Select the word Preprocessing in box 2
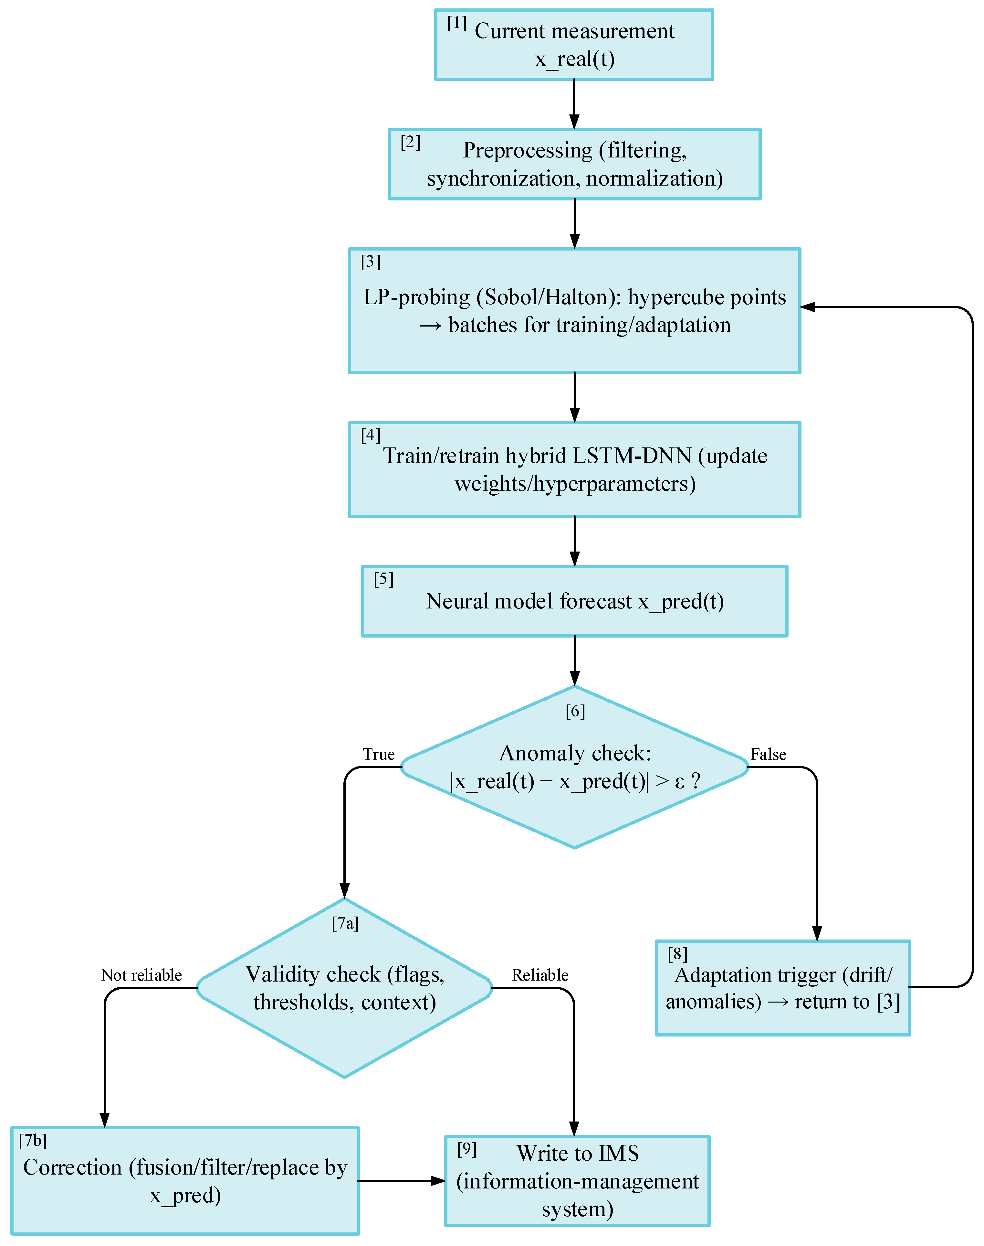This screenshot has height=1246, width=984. coord(527,150)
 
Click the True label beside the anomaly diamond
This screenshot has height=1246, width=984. coord(379,754)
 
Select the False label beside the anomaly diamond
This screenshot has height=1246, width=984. coord(768,754)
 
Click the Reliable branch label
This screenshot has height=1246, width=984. coord(540,975)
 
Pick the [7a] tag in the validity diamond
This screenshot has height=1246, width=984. coord(345,924)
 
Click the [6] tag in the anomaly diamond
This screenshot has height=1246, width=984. coord(575,712)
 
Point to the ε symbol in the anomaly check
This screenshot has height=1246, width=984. coord(679,782)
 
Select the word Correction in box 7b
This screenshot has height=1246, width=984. coord(73,1167)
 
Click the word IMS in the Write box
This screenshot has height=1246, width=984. coord(619,1154)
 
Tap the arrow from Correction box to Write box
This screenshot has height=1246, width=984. coord(402,1181)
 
